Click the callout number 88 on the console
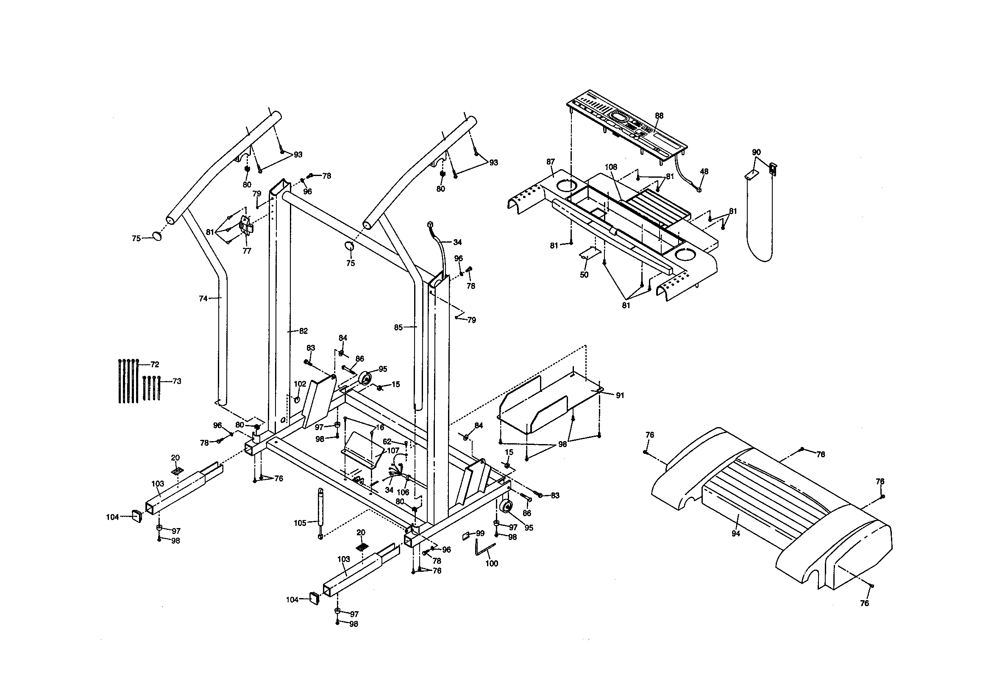coord(659,116)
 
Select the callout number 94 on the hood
coord(735,534)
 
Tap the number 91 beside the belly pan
coord(620,395)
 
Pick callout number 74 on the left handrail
coord(203,298)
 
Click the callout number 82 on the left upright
coord(303,331)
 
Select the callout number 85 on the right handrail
coord(398,327)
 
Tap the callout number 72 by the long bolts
coord(155,365)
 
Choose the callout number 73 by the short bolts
coord(176,381)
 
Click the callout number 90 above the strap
coord(756,152)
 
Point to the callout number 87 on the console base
coord(550,162)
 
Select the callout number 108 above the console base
coord(611,167)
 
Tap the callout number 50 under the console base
coord(584,275)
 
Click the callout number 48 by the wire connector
coord(704,171)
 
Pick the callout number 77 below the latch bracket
coord(247,251)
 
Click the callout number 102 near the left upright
coord(300,383)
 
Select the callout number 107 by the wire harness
coord(393,450)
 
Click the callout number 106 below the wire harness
coord(403,492)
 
